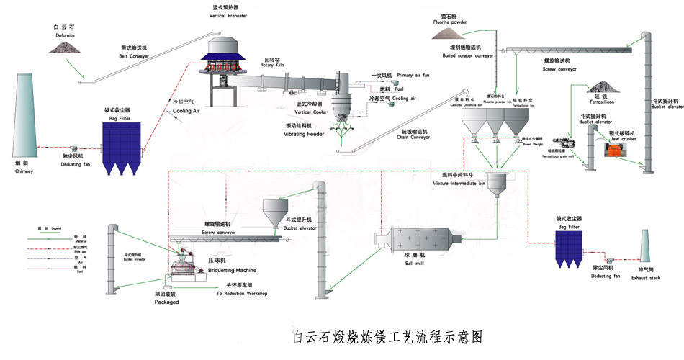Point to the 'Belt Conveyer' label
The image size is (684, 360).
tap(135, 56)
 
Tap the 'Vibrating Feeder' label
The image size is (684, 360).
tap(305, 134)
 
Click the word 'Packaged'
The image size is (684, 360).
tap(166, 302)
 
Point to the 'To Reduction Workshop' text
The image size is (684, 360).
tap(242, 294)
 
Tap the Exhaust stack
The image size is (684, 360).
tap(647, 248)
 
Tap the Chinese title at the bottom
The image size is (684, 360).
tap(387, 336)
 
